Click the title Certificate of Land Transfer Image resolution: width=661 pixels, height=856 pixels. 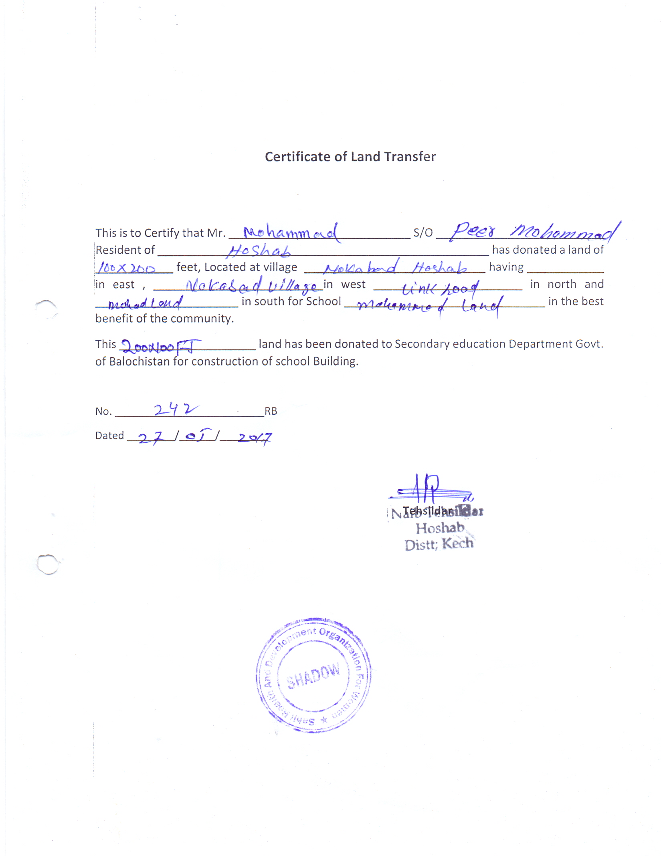(350, 157)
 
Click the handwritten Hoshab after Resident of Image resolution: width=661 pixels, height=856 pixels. (259, 251)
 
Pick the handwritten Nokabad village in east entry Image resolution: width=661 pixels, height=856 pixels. (253, 286)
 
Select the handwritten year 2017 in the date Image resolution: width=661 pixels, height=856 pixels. (255, 438)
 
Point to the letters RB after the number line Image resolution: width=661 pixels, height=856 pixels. (271, 411)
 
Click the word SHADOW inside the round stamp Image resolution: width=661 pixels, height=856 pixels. (313, 676)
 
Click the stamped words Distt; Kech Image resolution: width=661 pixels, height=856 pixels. (439, 544)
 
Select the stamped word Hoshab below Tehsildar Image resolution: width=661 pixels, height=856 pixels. (440, 528)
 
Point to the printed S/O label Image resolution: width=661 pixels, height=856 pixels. (423, 233)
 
